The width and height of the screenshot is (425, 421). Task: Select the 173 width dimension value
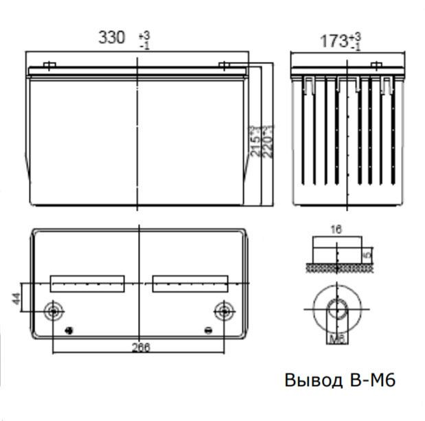(x=334, y=41)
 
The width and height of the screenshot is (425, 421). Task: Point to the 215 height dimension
(x=255, y=141)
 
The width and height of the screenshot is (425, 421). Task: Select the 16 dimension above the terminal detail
(x=336, y=230)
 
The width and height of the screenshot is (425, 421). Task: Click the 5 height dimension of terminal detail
(x=368, y=254)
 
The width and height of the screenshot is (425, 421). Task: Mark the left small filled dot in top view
(x=68, y=331)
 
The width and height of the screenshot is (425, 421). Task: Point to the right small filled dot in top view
(x=209, y=331)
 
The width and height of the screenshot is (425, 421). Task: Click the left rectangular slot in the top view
(x=88, y=282)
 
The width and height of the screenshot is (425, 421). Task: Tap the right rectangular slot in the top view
(x=190, y=282)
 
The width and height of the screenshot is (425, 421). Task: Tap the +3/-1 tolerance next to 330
(x=144, y=38)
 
